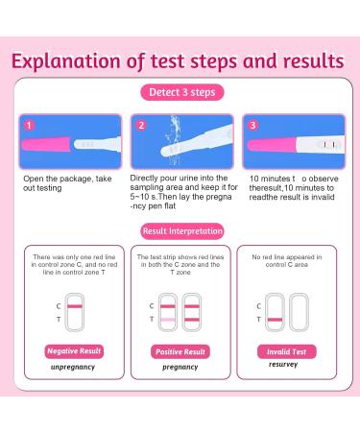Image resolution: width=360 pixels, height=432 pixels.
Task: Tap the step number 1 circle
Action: click(x=29, y=125)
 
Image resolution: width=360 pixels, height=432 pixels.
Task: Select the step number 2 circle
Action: click(x=140, y=125)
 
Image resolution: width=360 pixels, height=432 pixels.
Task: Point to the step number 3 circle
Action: click(x=252, y=125)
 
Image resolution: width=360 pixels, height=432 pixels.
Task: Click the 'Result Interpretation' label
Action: click(x=181, y=230)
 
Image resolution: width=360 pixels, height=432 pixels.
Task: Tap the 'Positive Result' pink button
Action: click(x=180, y=351)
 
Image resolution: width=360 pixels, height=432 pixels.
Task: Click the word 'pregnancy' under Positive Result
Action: click(x=180, y=368)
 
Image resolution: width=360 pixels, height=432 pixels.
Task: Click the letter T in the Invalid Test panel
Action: click(x=258, y=318)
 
